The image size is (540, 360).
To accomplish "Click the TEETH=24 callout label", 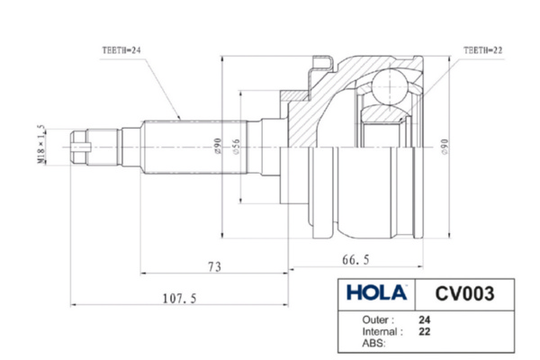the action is [121, 50].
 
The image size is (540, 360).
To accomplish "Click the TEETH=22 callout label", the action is [482, 50].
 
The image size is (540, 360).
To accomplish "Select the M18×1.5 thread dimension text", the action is [41, 144].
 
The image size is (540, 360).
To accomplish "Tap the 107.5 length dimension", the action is [179, 298].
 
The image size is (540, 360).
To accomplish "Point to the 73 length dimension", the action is [214, 266].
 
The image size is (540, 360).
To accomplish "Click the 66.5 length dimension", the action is [355, 259].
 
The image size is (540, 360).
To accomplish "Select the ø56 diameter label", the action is [236, 147].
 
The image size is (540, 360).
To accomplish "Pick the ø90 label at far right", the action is [445, 147].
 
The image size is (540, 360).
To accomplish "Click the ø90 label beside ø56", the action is [217, 146].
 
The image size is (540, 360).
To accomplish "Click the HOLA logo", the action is [376, 292].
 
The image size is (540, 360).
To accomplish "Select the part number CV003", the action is [464, 293].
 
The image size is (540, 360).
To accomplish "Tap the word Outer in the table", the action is [375, 319].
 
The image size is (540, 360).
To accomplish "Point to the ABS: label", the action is [374, 343].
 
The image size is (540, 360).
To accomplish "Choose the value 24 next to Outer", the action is [425, 320].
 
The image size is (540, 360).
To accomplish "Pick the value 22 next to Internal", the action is [425, 332].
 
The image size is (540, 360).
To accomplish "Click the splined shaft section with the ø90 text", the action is [195, 147].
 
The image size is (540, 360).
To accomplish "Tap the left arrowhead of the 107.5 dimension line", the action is [73, 304].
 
